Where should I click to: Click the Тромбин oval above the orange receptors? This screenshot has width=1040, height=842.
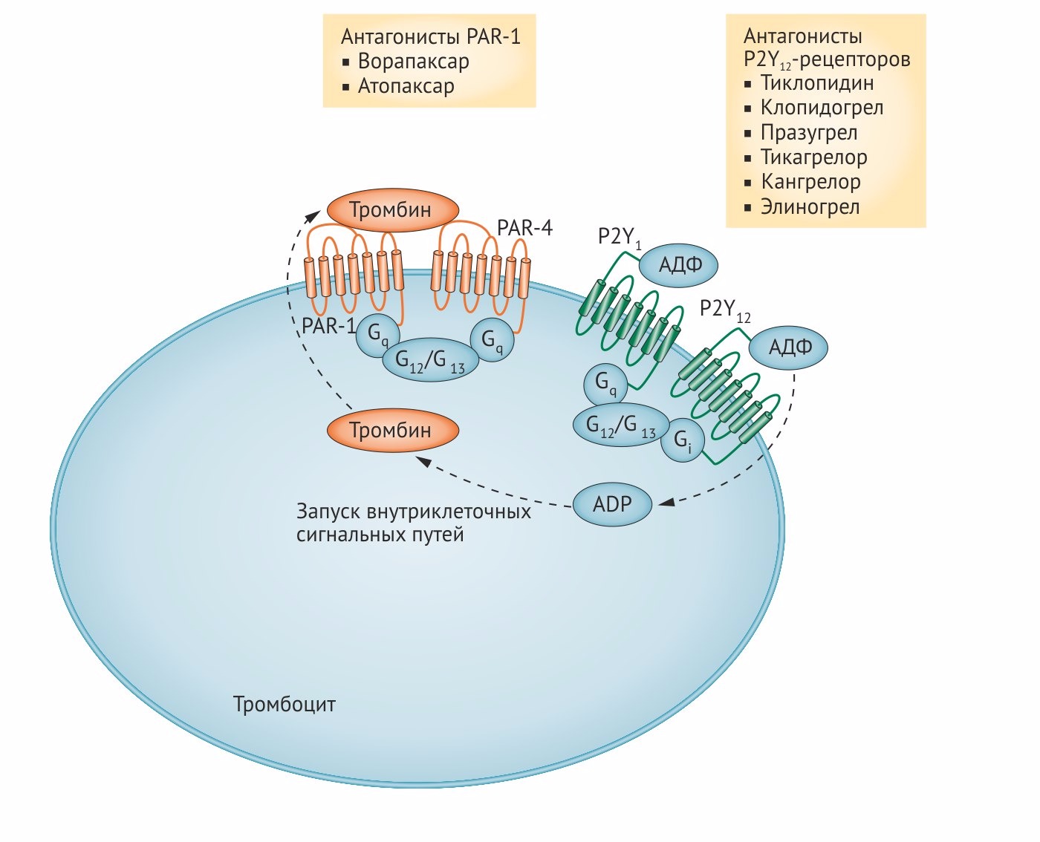(x=391, y=210)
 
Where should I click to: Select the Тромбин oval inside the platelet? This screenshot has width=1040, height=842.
(x=391, y=430)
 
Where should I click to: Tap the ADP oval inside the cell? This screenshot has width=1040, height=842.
(x=612, y=504)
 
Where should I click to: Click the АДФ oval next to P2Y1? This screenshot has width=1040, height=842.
(x=680, y=264)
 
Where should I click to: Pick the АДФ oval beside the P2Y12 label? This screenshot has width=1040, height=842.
(x=789, y=347)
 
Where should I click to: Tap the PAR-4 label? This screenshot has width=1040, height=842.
(x=524, y=227)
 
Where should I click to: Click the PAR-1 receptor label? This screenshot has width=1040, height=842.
(x=328, y=326)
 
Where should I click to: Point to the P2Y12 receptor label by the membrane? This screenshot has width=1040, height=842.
(x=725, y=310)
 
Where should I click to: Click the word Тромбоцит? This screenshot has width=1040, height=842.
(x=285, y=704)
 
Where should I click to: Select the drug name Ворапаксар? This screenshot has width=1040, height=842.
(x=413, y=62)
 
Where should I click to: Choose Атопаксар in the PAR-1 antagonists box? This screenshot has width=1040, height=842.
(x=406, y=86)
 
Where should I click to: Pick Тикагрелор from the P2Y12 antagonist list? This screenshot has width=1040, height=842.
(x=813, y=157)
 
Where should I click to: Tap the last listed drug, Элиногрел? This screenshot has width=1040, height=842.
(x=810, y=207)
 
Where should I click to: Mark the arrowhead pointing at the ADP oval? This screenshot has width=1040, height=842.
(x=666, y=503)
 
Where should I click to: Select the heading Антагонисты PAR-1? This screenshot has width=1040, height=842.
(x=430, y=36)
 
